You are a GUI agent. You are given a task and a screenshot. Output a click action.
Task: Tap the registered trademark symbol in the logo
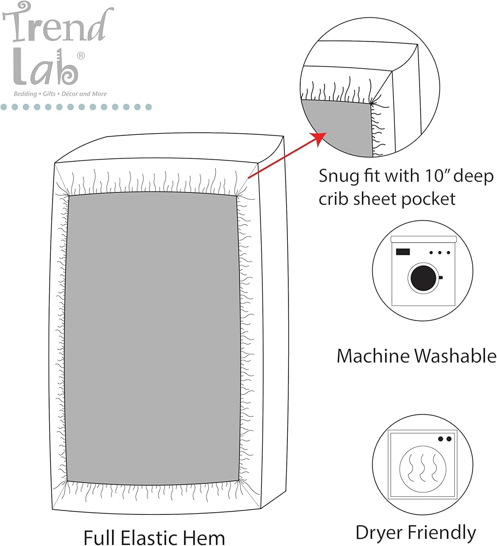tap(80, 56)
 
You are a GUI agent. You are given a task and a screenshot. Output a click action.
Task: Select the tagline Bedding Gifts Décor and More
tap(60, 94)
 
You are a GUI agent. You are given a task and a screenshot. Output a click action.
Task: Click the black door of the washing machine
tap(423, 278)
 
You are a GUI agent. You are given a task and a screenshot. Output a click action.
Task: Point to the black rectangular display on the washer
tap(403, 251)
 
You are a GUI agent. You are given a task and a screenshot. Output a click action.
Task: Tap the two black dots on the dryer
tap(445, 439)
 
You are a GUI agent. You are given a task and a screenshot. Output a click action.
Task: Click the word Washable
tap(455, 356)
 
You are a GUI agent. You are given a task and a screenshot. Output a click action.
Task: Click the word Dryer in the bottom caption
tap(379, 533)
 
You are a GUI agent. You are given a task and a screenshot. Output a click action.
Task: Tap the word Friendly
tap(441, 533)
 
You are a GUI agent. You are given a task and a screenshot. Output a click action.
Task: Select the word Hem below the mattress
tap(205, 537)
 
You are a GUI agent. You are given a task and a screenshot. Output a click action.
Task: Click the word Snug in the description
tap(339, 176)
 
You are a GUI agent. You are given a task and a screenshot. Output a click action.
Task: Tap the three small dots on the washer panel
tap(440, 252)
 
